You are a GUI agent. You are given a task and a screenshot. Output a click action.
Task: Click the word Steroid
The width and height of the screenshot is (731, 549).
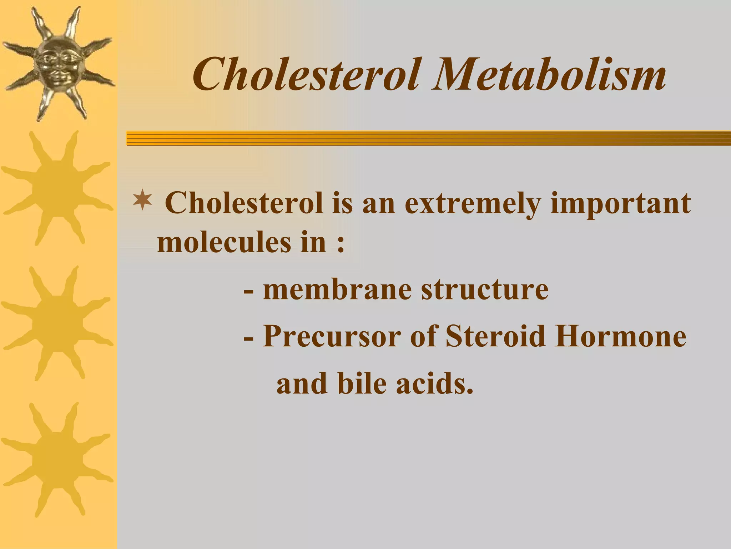pos(496,336)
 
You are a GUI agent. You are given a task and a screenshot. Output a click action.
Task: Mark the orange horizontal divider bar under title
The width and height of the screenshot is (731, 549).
pos(428,138)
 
